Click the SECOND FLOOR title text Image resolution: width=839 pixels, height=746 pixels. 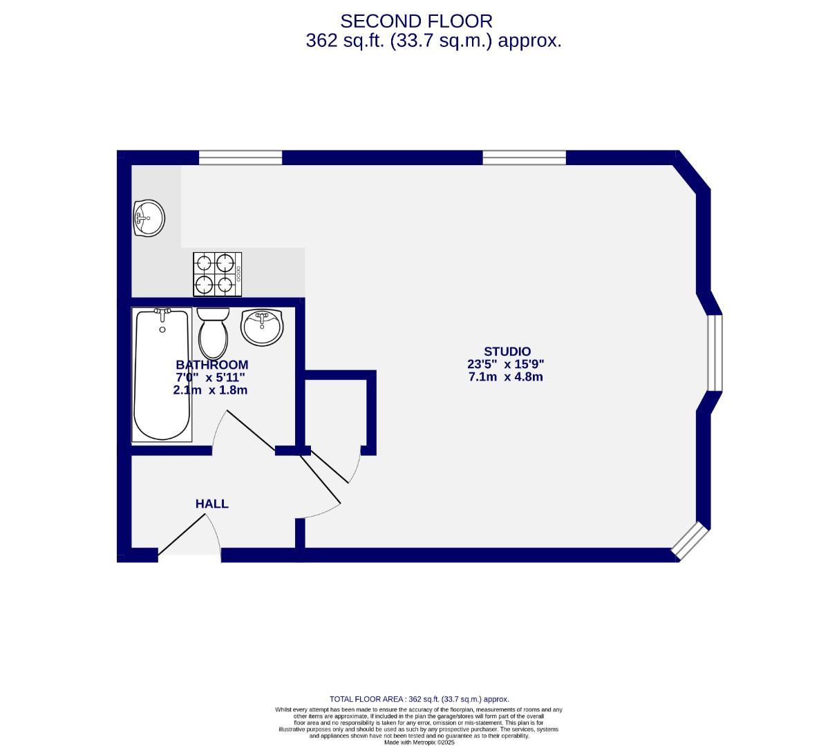416,21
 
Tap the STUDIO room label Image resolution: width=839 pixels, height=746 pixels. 507,352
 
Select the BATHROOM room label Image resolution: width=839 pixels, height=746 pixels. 211,365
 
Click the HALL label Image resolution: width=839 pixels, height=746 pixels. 211,504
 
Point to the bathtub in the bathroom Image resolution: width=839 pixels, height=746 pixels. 162,374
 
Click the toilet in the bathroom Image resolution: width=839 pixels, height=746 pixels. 213,332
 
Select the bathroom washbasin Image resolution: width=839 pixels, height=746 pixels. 262,327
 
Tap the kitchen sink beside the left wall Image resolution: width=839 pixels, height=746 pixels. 149,218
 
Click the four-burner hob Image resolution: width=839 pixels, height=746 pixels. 218,273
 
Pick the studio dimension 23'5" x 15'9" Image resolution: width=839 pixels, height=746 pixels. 506,365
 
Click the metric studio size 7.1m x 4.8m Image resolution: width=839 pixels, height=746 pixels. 506,377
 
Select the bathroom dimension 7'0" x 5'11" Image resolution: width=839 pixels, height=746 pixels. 211,377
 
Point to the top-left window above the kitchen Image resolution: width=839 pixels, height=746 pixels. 241,158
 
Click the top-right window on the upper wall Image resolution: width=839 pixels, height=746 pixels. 524,158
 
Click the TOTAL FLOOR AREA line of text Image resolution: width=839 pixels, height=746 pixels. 419,699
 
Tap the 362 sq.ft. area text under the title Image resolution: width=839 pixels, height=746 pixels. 433,41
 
